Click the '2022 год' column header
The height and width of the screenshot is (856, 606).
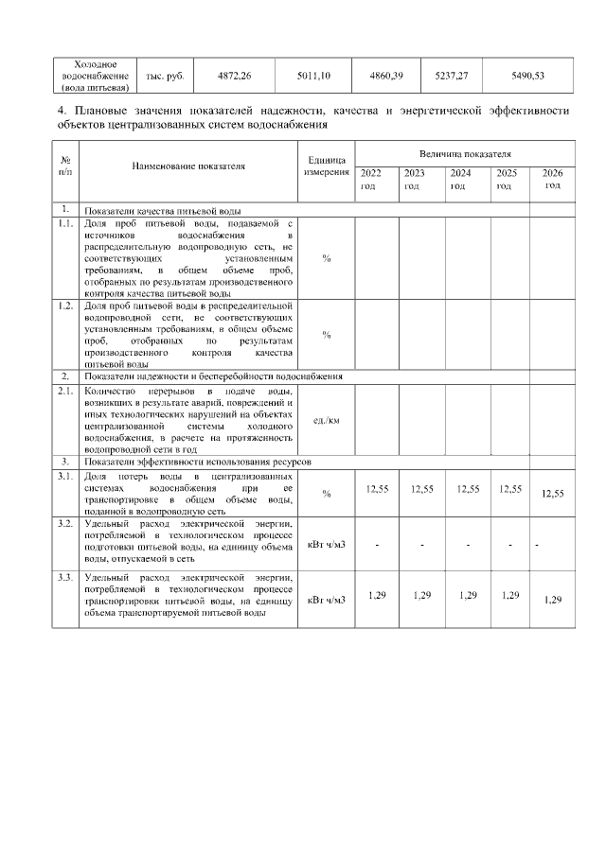point(372,180)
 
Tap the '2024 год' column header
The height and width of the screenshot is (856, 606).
point(460,180)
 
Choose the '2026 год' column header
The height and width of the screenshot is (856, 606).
point(551,179)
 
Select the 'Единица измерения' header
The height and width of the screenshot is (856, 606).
point(326,166)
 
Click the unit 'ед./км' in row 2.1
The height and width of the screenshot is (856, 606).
point(326,420)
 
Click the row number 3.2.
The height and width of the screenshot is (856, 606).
point(65,522)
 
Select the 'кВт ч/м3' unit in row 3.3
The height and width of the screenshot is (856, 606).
point(326,598)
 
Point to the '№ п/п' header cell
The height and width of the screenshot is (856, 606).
point(65,166)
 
